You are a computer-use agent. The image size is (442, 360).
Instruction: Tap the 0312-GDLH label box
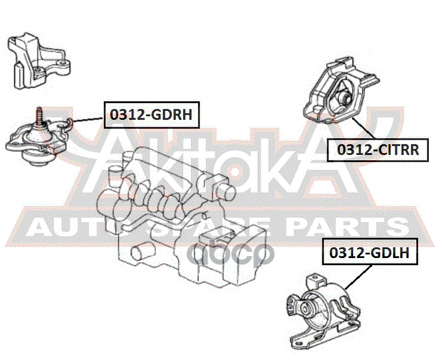click(369, 253)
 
